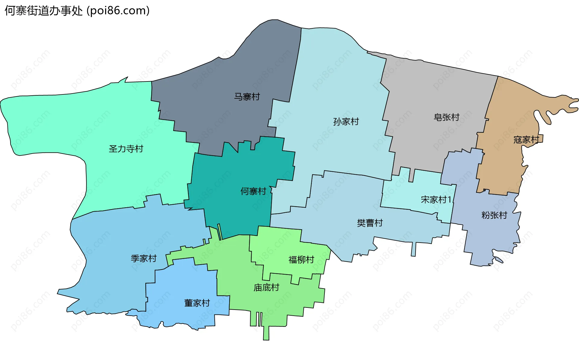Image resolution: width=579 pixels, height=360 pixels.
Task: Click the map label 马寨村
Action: (x=247, y=97)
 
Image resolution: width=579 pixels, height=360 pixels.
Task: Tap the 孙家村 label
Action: (x=346, y=122)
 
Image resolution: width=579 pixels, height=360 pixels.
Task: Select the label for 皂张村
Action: (x=446, y=117)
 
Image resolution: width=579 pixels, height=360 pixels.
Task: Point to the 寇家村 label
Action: (x=526, y=140)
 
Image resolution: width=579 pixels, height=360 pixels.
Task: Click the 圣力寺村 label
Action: (x=126, y=149)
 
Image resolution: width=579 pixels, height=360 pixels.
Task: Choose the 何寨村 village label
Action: (x=253, y=191)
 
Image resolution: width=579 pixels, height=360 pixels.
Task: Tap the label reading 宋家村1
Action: (x=436, y=199)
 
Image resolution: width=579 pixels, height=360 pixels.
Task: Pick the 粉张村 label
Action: (x=494, y=215)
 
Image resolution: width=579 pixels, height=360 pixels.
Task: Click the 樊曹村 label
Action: (x=370, y=223)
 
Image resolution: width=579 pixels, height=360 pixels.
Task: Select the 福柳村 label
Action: (x=301, y=260)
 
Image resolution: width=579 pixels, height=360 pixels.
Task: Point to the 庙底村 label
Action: (x=266, y=287)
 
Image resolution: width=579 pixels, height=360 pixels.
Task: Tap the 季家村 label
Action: (x=144, y=258)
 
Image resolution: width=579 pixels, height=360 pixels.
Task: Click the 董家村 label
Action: (x=197, y=303)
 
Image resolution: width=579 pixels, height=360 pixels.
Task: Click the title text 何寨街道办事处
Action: (x=43, y=11)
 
